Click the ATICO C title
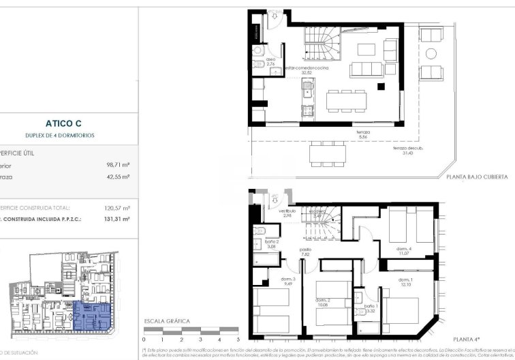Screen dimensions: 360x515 click(63, 123)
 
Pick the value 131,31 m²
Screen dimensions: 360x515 click(115, 220)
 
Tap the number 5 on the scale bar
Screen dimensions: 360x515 click(238, 339)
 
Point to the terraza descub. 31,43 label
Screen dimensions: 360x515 click(407, 150)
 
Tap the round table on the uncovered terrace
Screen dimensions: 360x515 click(431, 54)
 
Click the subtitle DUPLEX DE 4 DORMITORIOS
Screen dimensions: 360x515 click(63, 136)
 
